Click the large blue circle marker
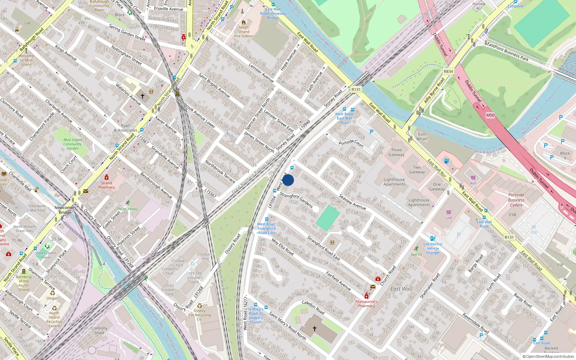288,180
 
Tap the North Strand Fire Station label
244,32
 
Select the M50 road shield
490,115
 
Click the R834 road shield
448,71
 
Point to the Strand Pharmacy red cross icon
107,177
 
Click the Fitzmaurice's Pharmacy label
366,304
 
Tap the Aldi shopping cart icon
473,177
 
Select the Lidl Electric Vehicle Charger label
433,248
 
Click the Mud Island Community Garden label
72,144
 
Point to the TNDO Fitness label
127,209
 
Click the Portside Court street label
351,143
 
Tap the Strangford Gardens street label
296,200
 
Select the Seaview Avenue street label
352,202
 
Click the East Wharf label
422,136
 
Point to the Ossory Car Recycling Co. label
199,315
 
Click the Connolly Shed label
99,330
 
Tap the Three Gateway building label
396,152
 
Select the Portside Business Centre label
516,200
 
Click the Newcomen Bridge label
65,210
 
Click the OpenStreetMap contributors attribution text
548,356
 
